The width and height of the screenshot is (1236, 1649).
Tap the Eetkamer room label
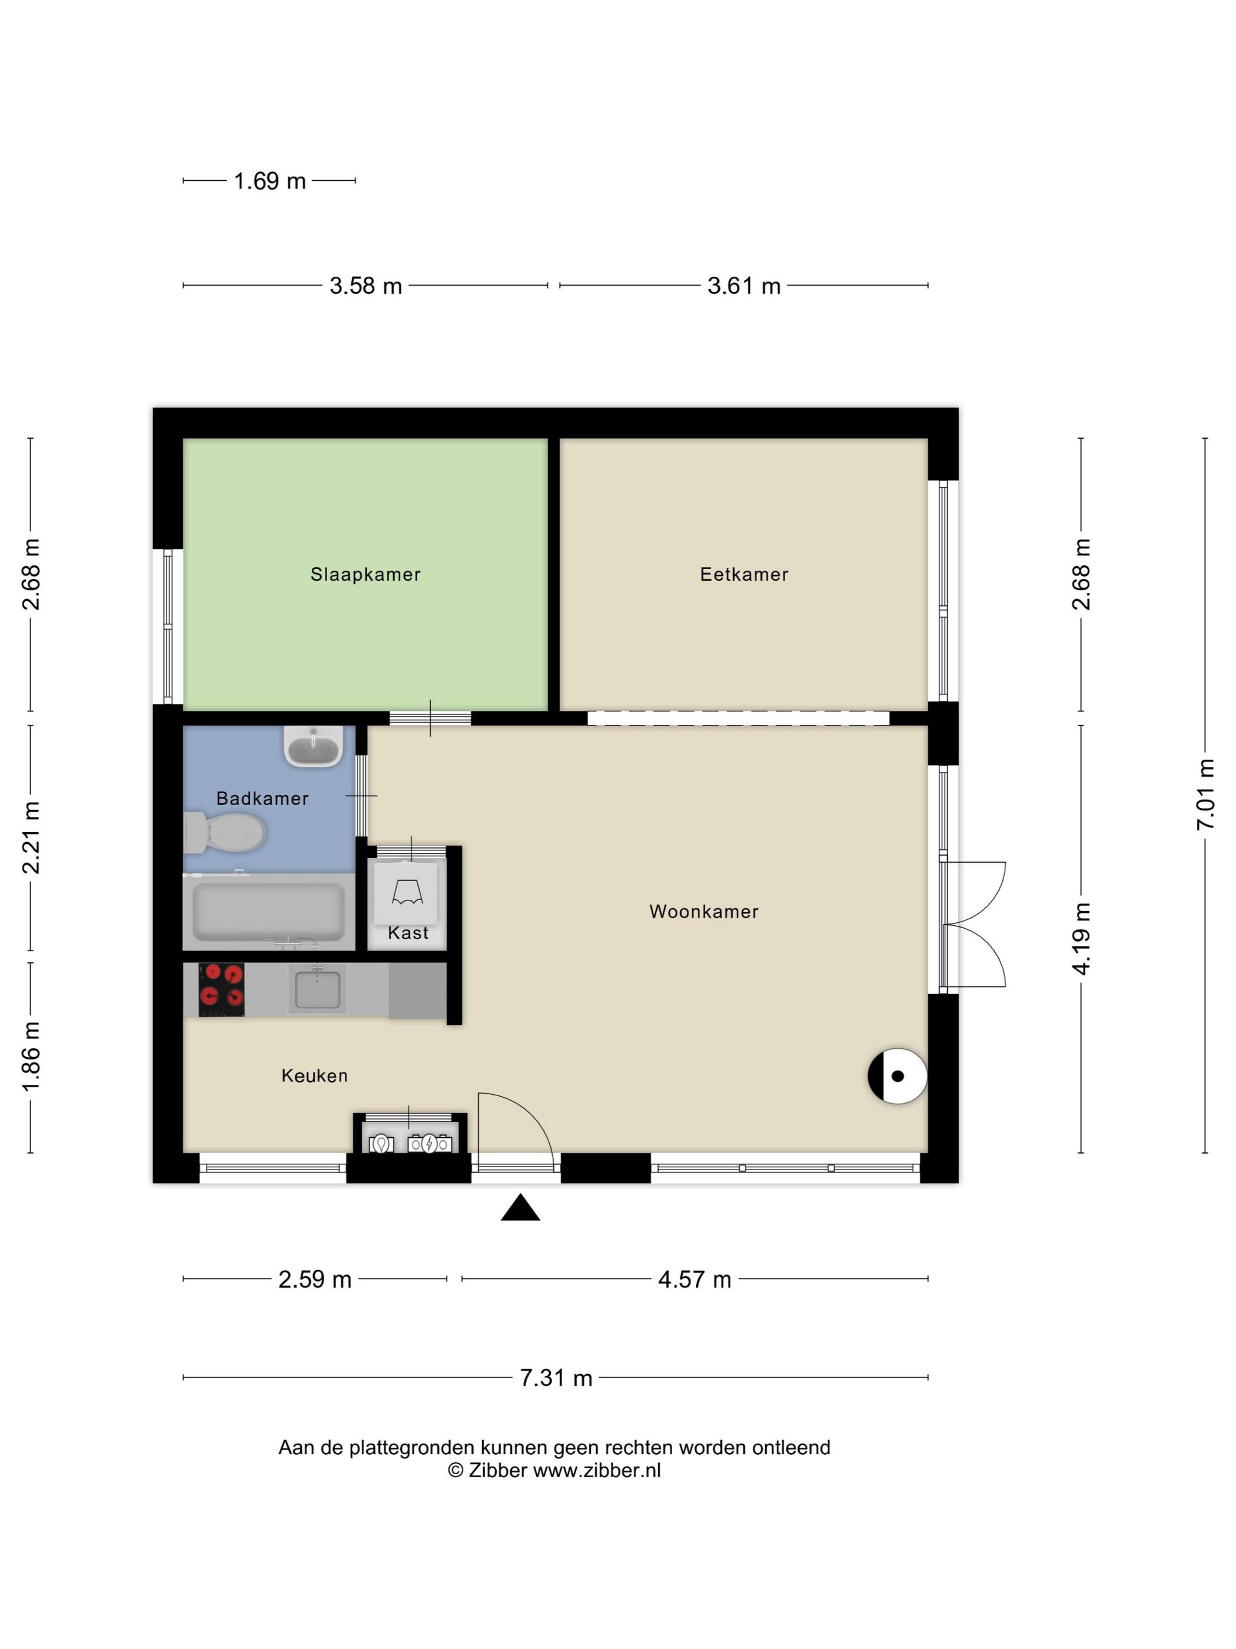743,574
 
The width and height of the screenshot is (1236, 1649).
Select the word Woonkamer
704,911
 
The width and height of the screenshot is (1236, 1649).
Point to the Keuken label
314,1075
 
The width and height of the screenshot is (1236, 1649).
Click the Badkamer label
263,799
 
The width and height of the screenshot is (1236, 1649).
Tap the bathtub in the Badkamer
268,912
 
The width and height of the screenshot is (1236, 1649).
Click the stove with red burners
221,989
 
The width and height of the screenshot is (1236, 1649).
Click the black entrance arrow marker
520,1208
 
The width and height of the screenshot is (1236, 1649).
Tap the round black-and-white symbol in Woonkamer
897,1076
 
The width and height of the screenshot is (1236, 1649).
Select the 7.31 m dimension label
556,1378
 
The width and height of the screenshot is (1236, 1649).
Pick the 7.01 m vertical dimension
1205,794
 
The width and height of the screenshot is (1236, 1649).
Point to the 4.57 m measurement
695,1280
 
